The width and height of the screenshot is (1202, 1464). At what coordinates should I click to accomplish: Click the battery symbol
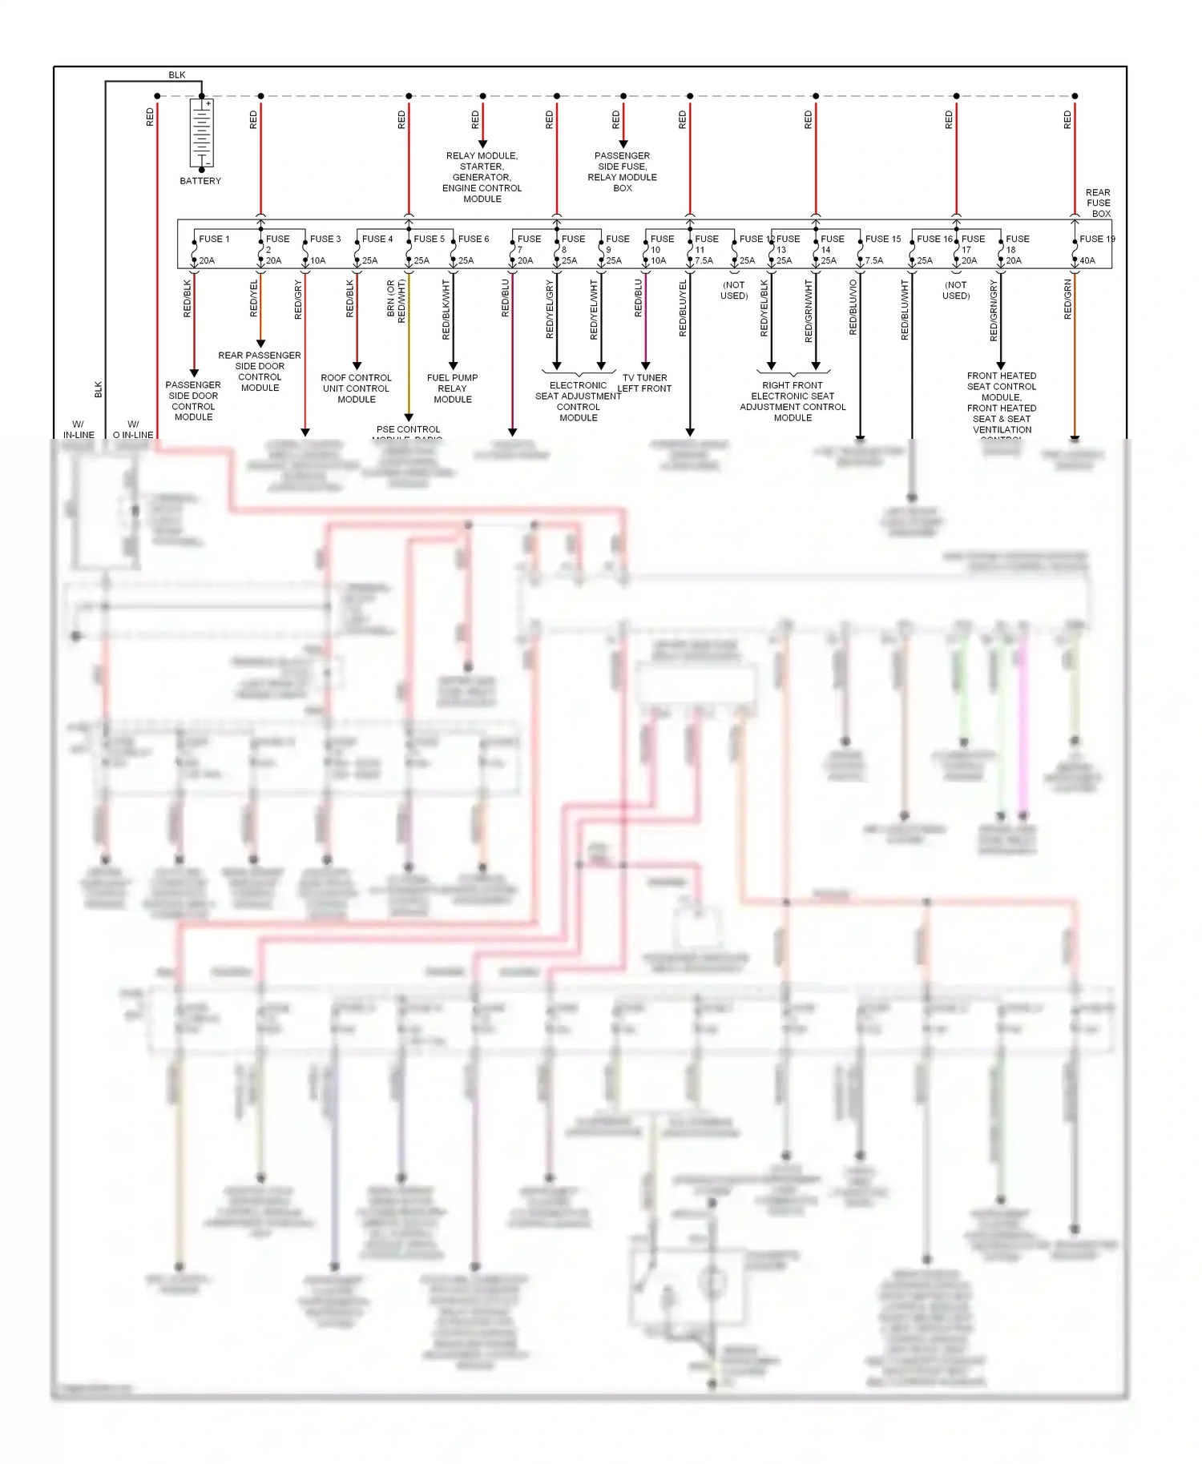pos(202,133)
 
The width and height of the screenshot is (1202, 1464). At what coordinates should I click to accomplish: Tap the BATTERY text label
pos(200,181)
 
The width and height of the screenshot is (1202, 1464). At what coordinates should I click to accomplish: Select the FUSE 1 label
pos(214,239)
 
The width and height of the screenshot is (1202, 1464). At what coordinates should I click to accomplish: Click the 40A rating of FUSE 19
pos(1087,260)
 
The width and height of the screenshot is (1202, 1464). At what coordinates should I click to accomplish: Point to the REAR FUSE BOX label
pos(1098,203)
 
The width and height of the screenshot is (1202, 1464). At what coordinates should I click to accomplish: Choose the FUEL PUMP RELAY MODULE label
pos(452,388)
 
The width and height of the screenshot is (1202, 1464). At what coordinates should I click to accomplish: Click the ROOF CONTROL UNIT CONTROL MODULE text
pos(356,388)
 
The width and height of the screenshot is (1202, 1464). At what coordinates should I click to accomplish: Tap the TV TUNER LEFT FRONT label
pos(644,383)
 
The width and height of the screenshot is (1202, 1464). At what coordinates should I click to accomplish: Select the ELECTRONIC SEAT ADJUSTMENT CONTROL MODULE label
pos(578,401)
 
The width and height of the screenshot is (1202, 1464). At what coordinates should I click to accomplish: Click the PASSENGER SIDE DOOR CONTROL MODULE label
pos(193,400)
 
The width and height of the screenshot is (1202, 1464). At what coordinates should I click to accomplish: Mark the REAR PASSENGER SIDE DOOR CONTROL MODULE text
pos(260,371)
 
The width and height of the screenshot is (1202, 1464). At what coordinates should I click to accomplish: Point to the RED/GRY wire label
pos(298,300)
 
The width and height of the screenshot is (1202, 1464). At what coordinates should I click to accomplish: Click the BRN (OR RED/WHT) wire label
pos(396,301)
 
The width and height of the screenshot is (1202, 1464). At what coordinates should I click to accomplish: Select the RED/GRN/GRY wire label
pos(994,310)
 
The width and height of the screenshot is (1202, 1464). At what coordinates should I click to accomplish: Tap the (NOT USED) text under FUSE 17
pos(955,290)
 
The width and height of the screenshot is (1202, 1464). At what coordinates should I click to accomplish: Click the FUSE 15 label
pos(882,239)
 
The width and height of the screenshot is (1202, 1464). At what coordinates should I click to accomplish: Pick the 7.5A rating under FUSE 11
pos(704,260)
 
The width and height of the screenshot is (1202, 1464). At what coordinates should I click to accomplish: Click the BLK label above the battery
pos(176,75)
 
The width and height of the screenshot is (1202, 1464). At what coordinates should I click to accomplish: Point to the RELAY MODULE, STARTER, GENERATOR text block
pos(482,177)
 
